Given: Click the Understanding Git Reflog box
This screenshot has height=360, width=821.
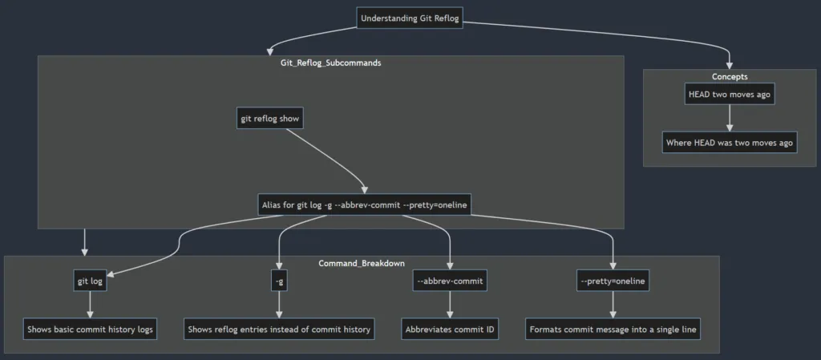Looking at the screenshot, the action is (410, 18).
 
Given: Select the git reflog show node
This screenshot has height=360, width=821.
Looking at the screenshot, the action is (269, 119).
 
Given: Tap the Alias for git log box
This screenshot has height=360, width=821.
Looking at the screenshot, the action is (363, 204).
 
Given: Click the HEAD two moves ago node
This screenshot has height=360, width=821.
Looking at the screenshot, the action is (730, 94).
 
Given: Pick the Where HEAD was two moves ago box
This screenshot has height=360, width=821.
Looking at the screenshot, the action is (730, 143).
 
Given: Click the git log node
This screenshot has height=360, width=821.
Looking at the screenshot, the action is (90, 281).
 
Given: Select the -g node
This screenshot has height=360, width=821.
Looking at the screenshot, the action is (279, 281).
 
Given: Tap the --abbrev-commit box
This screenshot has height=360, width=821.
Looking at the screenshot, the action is (451, 281).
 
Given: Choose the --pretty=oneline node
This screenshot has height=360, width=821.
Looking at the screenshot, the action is (613, 281).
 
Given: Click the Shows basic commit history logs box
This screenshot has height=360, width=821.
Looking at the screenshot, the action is (90, 329).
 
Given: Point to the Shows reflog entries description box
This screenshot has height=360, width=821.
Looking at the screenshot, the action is (279, 329).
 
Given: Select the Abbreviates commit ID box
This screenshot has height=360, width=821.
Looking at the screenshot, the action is (450, 329).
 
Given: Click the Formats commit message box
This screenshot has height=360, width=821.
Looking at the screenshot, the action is (613, 329).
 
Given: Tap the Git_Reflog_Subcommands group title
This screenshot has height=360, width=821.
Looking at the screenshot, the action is (331, 63).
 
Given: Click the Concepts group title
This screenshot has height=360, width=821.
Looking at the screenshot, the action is (730, 77).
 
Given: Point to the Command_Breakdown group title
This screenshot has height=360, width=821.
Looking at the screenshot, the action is (362, 263).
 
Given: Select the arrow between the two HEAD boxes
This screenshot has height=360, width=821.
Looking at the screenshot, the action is (730, 118).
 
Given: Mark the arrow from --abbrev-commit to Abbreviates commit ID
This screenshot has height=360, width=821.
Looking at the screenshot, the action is (450, 305).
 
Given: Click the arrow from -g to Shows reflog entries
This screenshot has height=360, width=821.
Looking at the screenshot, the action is (279, 305).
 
